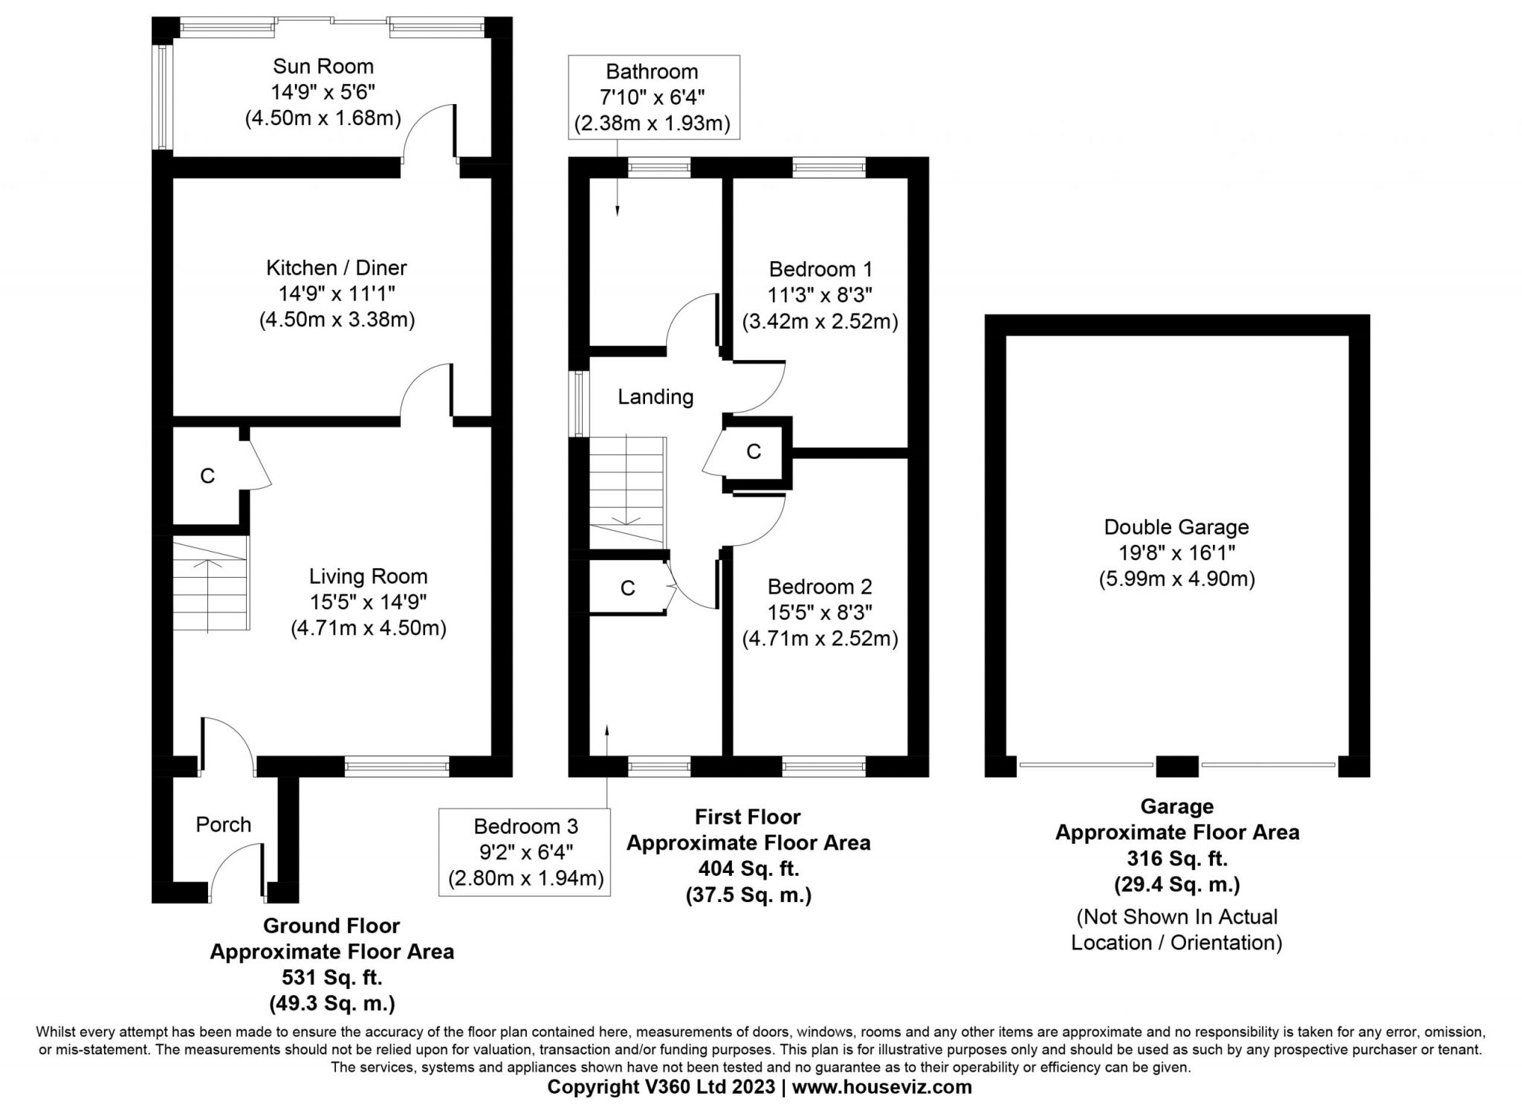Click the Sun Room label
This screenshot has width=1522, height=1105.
point(323,66)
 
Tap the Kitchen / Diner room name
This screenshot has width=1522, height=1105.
point(337,268)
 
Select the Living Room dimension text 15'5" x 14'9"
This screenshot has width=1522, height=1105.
point(369,602)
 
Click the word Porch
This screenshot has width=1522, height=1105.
point(224,825)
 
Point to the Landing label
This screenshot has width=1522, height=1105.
point(655,397)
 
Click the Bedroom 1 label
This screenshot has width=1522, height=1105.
point(820,268)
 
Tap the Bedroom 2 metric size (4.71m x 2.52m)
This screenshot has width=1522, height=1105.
point(820,639)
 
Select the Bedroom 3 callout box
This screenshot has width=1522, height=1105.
point(525,852)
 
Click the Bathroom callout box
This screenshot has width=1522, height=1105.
point(654,97)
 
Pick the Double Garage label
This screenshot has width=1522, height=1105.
point(1176,527)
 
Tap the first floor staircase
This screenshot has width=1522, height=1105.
point(628,491)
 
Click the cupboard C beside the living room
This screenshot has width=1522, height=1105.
point(207,476)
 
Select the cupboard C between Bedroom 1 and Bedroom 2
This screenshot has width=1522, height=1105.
point(754,451)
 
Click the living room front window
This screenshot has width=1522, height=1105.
point(397,766)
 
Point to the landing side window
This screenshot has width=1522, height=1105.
point(579,404)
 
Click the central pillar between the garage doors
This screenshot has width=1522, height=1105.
point(1177,766)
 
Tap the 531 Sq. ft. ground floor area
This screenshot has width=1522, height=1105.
point(331,977)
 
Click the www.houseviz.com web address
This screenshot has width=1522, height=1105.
point(882,1087)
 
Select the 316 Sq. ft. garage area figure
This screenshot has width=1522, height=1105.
point(1177,859)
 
